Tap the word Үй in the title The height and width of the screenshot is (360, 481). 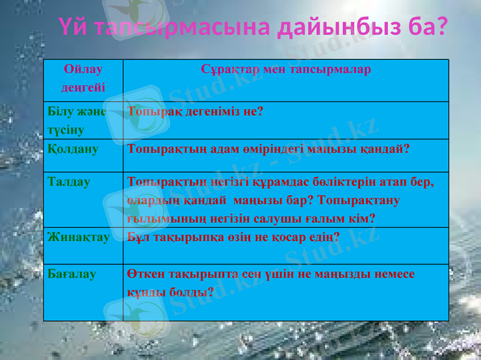[x=73, y=27]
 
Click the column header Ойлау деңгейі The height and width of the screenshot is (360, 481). [x=83, y=78]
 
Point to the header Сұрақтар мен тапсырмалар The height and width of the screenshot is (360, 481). [x=286, y=69]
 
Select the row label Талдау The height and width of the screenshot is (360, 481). [x=69, y=182]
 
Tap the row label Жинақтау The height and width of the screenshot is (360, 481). [x=79, y=237]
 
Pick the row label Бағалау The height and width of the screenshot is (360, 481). [x=72, y=274]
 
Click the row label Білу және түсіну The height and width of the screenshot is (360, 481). [x=77, y=120]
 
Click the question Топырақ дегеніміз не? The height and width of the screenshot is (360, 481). [x=195, y=111]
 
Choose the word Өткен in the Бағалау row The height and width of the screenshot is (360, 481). [x=145, y=274]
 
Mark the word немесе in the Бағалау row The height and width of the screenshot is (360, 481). [x=393, y=274]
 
